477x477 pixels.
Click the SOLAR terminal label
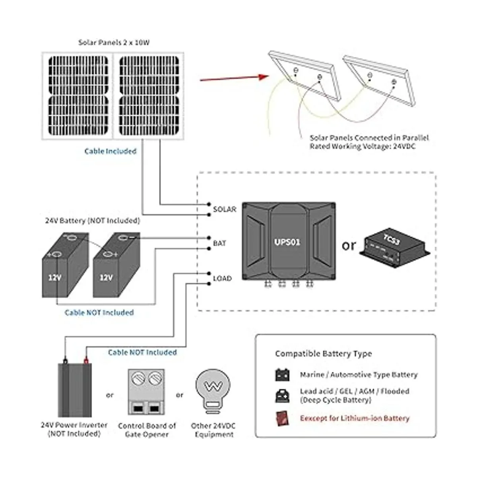pyautogui.click(x=225, y=209)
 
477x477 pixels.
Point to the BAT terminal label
pyautogui.click(x=219, y=243)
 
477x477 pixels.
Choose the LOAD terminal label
pyautogui.click(x=222, y=278)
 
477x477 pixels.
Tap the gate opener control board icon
pyautogui.click(x=146, y=392)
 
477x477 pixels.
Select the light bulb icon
pyautogui.click(x=213, y=389)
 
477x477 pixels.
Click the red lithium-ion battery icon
pyautogui.click(x=283, y=419)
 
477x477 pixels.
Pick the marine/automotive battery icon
pyautogui.click(x=283, y=375)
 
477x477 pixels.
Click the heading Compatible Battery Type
pyautogui.click(x=323, y=354)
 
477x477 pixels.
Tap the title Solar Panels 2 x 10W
pyautogui.click(x=114, y=43)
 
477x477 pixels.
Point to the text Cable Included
pyautogui.click(x=110, y=151)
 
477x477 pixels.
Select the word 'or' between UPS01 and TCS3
pyautogui.click(x=349, y=246)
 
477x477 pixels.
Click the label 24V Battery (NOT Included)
pyautogui.click(x=92, y=220)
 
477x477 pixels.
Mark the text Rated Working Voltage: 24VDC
pyautogui.click(x=363, y=146)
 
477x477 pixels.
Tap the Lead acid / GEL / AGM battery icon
pyautogui.click(x=283, y=396)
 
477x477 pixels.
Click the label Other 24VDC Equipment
pyautogui.click(x=213, y=430)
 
